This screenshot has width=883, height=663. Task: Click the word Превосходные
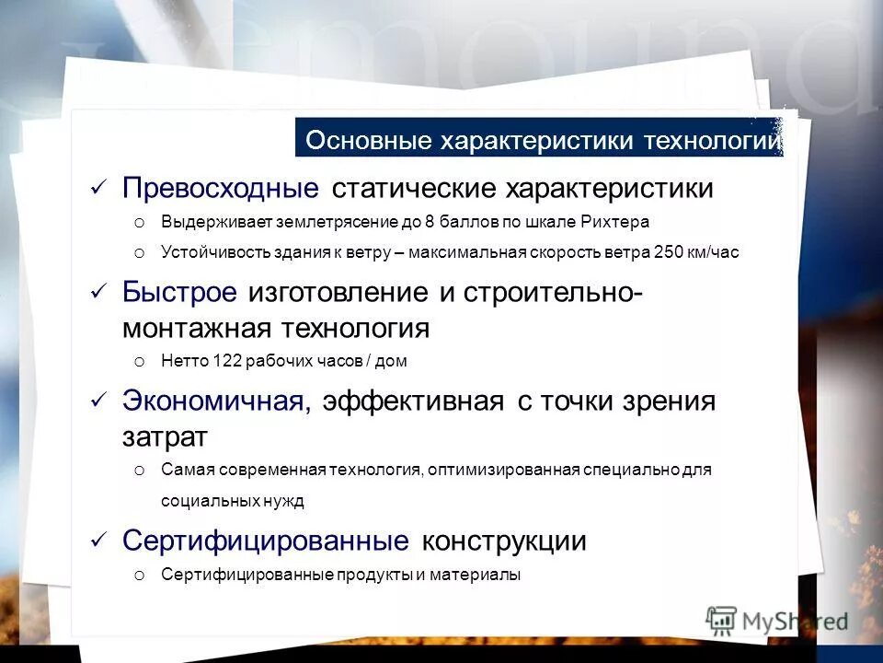click(220, 189)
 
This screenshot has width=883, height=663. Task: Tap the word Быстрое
click(179, 293)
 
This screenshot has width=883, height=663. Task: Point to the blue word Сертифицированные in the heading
click(266, 541)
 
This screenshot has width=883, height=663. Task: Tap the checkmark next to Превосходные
click(99, 189)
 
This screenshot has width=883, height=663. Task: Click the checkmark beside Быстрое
click(99, 293)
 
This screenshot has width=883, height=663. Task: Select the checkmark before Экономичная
click(99, 401)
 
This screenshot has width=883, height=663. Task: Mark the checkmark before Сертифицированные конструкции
click(99, 541)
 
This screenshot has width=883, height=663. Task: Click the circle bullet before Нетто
click(139, 363)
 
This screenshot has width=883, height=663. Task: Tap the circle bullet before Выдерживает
click(139, 224)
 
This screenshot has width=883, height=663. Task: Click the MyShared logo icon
click(721, 620)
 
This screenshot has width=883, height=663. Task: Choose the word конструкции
click(503, 541)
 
